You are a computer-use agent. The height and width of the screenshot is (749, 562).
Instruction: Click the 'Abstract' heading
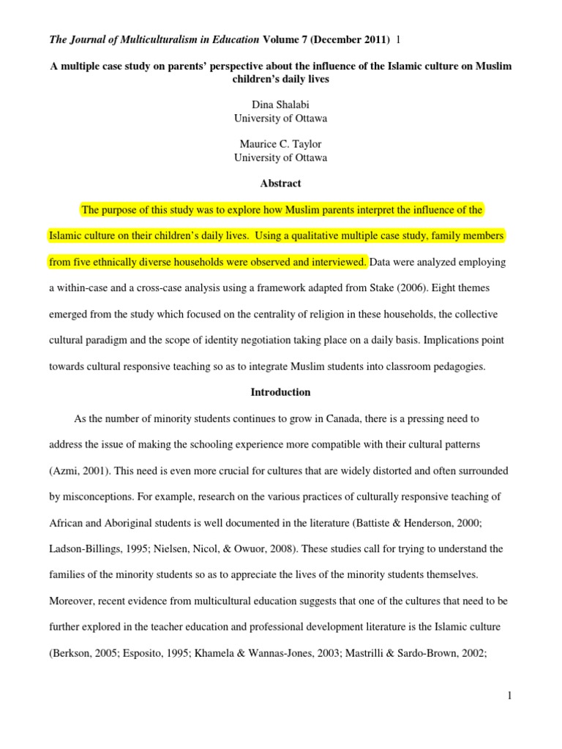280,184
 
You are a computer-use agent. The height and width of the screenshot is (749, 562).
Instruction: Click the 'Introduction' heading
280,392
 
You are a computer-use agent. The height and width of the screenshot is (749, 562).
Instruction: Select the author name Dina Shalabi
280,105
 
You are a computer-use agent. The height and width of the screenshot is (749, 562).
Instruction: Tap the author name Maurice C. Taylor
280,144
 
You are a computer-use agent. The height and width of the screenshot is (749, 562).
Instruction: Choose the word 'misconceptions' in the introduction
100,497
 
